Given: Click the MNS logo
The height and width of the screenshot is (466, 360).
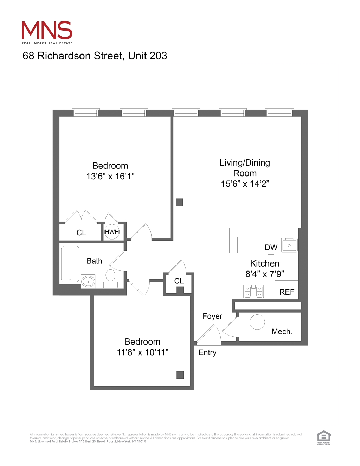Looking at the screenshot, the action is pos(47,32).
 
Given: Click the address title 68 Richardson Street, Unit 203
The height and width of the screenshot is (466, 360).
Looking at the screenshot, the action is pos(95,56).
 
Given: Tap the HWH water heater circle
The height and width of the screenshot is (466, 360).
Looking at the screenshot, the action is pos(112,232).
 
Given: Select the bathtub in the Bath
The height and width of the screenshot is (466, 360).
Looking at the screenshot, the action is pos(70,264).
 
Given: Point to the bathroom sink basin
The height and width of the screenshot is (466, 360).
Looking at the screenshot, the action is pos(88,281).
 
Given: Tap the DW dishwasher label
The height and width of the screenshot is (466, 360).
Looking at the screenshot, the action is pos(271,248).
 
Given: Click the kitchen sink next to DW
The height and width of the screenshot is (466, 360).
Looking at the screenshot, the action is pos(289,245).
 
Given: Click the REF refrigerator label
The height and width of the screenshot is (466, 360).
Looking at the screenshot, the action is pos(287,292).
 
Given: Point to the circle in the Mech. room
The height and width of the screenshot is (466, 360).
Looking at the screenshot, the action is pos(257,322).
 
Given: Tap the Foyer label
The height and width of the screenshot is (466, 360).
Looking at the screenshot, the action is pos(212,317).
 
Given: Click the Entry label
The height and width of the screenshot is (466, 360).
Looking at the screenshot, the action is pos(207,353).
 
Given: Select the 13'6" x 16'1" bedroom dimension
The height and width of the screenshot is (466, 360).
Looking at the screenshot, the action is pos(110,177).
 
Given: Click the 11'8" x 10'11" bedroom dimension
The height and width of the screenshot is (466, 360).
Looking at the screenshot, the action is pos(142,352).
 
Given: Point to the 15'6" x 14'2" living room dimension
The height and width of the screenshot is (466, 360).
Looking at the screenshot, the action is pos(245,184).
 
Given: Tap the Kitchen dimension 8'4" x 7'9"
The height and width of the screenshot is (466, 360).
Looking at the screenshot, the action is pos(265,274).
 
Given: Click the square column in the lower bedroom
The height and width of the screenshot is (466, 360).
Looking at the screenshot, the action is pos(180,375).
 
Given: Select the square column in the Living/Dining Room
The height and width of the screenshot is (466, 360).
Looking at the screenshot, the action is pos(179,202).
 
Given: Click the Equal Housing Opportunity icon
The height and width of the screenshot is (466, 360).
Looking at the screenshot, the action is pos(324,438).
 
